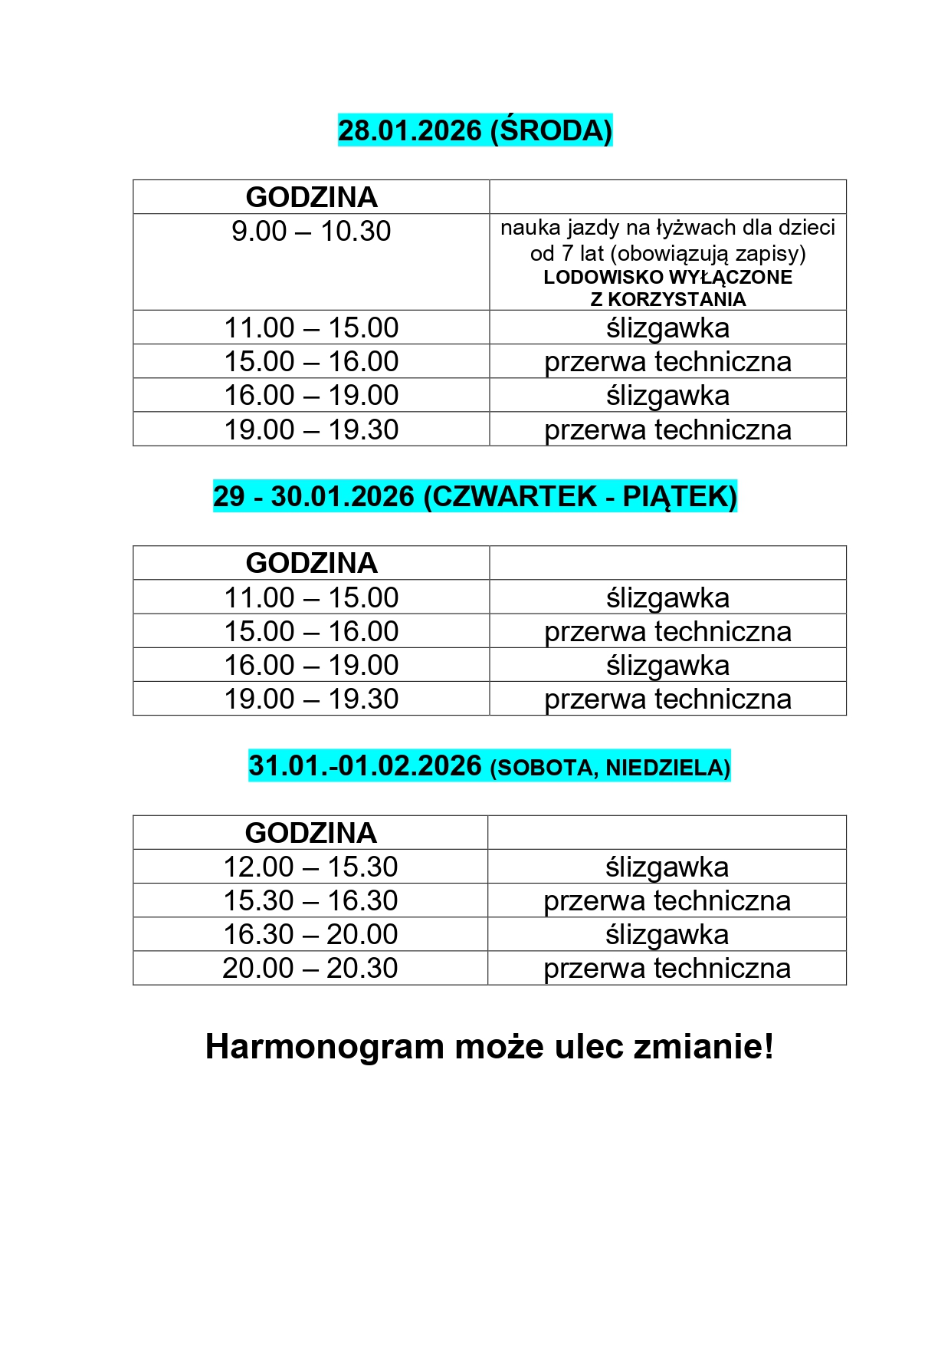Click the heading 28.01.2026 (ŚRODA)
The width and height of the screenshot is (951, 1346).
pyautogui.click(x=475, y=130)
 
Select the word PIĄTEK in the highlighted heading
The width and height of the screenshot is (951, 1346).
pyautogui.click(x=679, y=496)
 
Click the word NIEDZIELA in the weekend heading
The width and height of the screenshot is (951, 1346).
pyautogui.click(x=667, y=767)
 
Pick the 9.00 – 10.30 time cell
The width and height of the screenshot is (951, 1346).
pyautogui.click(x=311, y=231)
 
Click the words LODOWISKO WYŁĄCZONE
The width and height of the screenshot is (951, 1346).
pyautogui.click(x=667, y=277)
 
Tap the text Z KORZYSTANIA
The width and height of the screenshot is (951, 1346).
pyautogui.click(x=667, y=299)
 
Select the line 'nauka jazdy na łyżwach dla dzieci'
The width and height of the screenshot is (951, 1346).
pyautogui.click(x=667, y=228)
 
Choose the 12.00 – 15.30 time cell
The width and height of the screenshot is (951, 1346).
pyautogui.click(x=310, y=867)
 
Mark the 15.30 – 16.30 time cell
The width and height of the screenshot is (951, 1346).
pyautogui.click(x=310, y=900)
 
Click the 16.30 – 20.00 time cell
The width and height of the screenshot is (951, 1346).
pyautogui.click(x=310, y=934)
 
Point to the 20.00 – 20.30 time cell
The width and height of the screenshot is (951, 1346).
pyautogui.click(x=310, y=968)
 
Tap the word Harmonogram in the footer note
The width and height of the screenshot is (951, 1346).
pyautogui.click(x=325, y=1047)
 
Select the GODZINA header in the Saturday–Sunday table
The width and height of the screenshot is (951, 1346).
pyautogui.click(x=310, y=833)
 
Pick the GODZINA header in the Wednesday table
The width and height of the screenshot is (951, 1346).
pyautogui.click(x=311, y=197)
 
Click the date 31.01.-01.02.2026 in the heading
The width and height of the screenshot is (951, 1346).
pyautogui.click(x=366, y=765)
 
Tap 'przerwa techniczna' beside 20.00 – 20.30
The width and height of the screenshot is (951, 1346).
pyautogui.click(x=667, y=968)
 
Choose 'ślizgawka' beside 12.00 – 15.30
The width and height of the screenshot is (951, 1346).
pyautogui.click(x=667, y=867)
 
